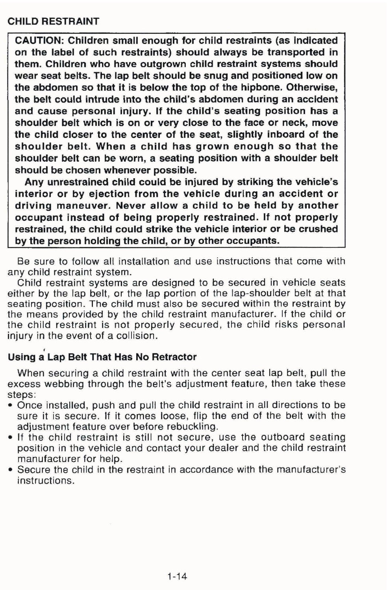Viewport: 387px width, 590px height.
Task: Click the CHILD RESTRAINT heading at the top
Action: (53, 21)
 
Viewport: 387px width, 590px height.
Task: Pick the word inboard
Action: (286, 135)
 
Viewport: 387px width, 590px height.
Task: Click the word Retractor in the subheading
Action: (174, 357)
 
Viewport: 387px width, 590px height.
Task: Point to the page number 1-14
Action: (177, 577)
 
